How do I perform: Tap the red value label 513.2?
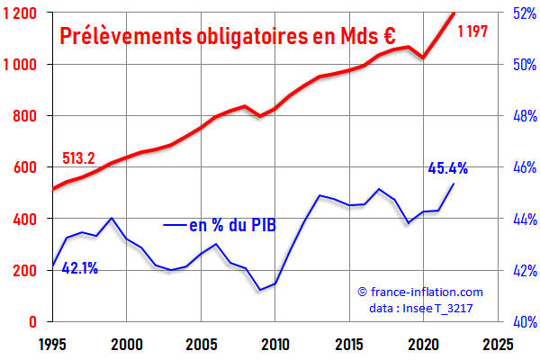pyautogui.click(x=78, y=158)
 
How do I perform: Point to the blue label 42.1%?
pyautogui.click(x=80, y=267)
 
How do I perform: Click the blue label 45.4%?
pyautogui.click(x=447, y=167)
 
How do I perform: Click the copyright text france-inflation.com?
pyautogui.click(x=420, y=292)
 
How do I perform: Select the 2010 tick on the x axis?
pyautogui.click(x=275, y=344)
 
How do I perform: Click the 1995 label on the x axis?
pyautogui.click(x=52, y=344)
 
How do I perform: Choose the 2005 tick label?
pyautogui.click(x=201, y=344)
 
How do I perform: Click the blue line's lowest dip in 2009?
pyautogui.click(x=260, y=290)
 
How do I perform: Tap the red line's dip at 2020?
pyautogui.click(x=424, y=58)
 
